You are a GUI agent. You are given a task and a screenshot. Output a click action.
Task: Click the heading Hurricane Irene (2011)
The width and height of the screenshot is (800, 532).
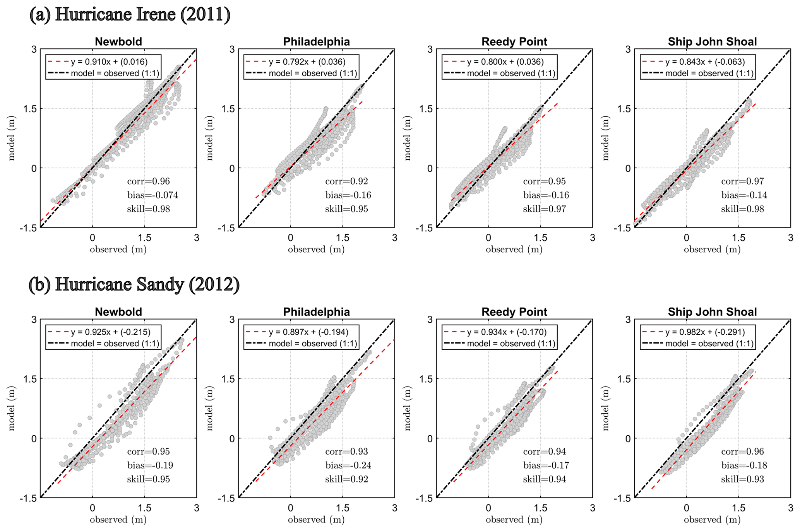click(x=130, y=15)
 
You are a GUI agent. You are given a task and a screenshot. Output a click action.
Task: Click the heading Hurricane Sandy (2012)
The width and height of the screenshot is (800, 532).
click(x=134, y=285)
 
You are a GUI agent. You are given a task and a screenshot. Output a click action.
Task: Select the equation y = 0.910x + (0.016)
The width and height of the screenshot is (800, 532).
click(x=109, y=62)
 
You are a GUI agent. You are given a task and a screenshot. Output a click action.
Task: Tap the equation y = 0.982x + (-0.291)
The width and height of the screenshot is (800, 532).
click(x=705, y=332)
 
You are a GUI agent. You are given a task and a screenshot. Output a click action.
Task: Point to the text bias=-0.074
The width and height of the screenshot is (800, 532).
click(x=152, y=195)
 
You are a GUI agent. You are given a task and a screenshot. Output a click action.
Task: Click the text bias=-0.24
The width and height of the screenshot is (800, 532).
click(x=348, y=465)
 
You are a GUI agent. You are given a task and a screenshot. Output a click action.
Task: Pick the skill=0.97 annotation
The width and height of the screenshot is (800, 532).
click(x=545, y=209)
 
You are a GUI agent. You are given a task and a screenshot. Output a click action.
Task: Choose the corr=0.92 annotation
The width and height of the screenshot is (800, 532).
click(x=346, y=181)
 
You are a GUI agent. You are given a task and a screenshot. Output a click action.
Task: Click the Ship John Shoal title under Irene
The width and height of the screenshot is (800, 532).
click(x=712, y=42)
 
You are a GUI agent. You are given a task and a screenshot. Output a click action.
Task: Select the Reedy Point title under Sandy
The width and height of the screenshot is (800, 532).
click(x=514, y=312)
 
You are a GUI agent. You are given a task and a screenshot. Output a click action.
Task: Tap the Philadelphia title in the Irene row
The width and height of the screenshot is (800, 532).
click(x=316, y=42)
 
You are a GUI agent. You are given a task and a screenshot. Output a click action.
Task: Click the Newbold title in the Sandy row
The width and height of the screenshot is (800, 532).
click(x=118, y=312)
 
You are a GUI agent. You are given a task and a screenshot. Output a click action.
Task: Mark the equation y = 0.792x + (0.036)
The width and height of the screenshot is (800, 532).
click(x=307, y=62)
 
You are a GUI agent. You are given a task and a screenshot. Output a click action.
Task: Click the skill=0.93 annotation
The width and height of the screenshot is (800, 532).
click(x=742, y=479)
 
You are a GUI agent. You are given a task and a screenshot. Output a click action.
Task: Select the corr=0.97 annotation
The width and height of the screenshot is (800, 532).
click(x=742, y=181)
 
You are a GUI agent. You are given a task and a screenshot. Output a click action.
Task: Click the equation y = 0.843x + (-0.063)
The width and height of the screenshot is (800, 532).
click(x=705, y=62)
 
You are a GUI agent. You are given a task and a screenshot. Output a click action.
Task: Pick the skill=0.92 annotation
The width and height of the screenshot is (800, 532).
click(x=346, y=479)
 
